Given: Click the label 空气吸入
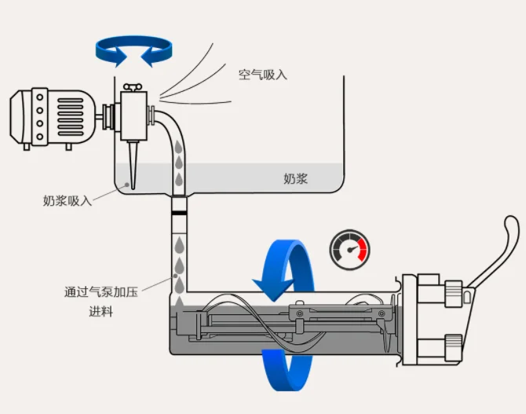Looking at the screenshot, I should (263, 75).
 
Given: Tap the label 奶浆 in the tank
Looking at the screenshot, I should (295, 179).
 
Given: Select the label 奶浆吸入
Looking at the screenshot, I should (67, 201).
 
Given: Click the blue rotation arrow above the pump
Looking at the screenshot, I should (134, 50).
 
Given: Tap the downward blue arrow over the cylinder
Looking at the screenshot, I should (277, 271).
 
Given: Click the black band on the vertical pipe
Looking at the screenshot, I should (180, 211).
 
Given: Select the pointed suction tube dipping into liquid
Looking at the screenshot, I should (134, 162).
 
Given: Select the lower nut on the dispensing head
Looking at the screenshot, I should (453, 343).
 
